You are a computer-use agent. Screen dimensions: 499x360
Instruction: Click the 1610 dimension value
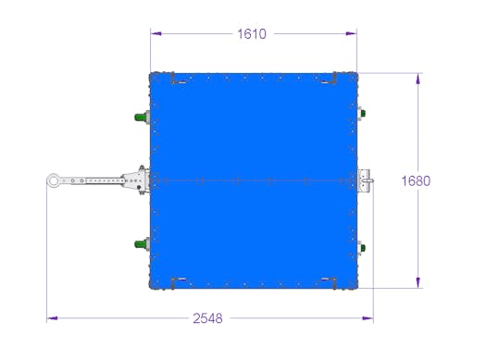point(252,33)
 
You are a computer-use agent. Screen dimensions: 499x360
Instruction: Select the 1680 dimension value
point(416,181)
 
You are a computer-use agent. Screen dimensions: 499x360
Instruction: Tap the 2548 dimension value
point(207,318)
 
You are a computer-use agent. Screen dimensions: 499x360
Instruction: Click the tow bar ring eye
point(53,180)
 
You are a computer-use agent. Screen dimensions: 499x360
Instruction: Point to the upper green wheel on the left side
point(141,117)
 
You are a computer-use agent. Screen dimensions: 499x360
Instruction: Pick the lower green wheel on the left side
point(141,244)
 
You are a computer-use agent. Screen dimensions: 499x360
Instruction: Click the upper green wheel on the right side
point(363,113)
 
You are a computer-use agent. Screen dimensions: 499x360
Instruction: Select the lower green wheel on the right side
point(363,248)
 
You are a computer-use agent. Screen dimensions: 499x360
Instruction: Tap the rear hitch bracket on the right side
point(365,180)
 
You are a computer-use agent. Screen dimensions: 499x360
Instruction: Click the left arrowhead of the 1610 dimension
point(156,33)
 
